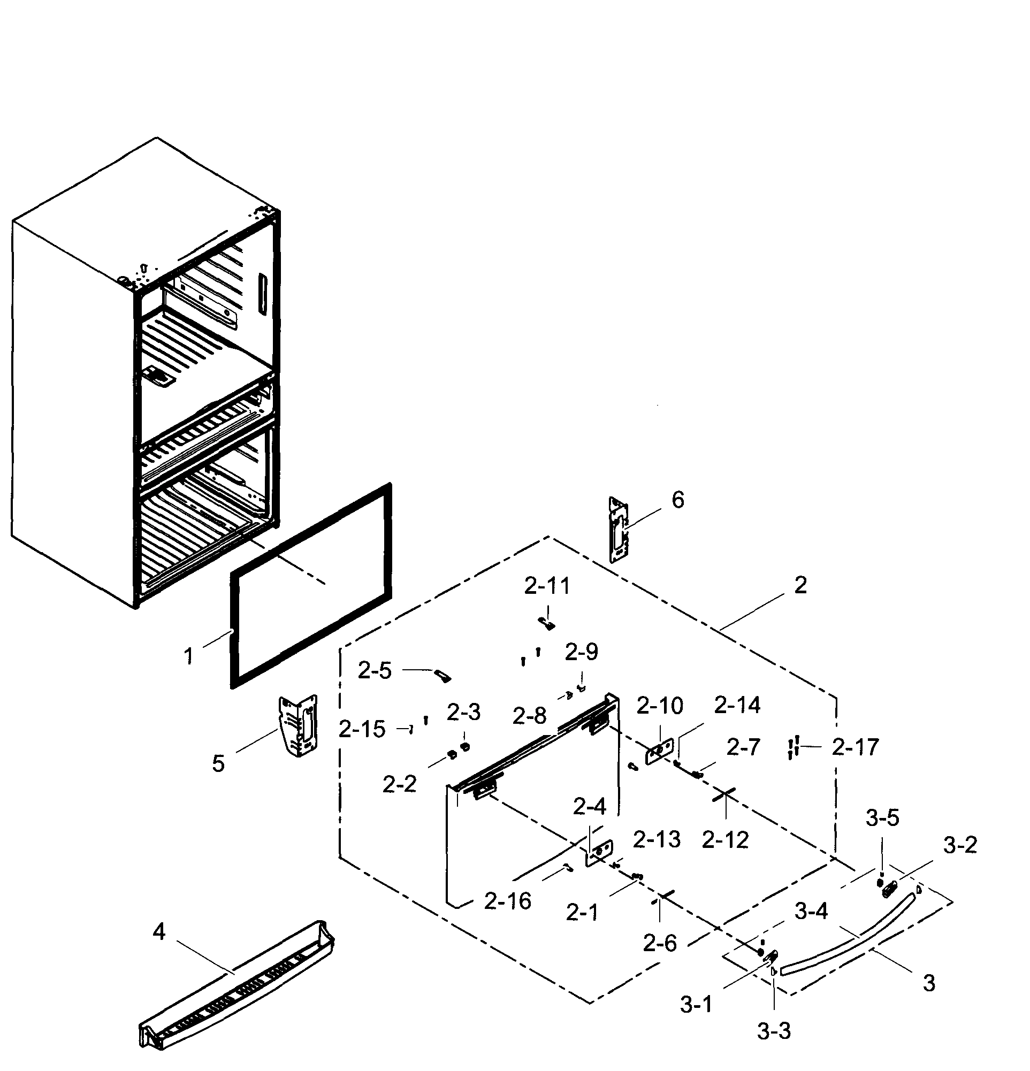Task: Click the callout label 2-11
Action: click(547, 586)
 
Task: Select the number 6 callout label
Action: click(677, 500)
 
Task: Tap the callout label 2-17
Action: click(855, 747)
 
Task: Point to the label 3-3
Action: click(774, 1031)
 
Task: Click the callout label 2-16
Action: click(507, 901)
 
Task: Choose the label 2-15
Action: click(362, 729)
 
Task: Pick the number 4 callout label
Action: click(159, 932)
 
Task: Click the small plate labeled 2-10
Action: click(660, 751)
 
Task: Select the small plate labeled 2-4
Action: click(599, 852)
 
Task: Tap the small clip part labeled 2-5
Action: click(442, 677)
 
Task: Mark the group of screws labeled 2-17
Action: click(794, 747)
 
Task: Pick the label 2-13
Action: click(657, 839)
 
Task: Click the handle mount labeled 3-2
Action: click(889, 889)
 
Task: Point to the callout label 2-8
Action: click(529, 716)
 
